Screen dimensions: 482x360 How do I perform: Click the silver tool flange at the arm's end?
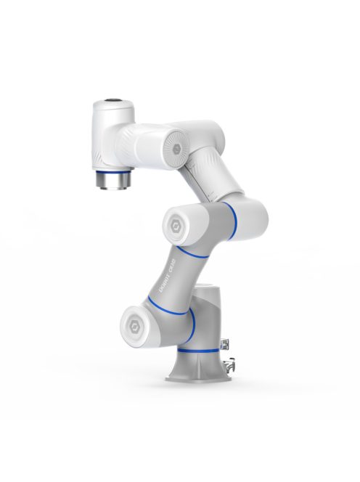point(113,179)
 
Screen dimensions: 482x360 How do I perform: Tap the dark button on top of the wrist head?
point(112,100)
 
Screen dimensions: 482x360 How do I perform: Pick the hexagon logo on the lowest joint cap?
point(135,320)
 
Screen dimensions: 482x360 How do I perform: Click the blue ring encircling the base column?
point(197,351)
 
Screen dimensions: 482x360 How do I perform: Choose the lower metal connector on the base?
point(232,364)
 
